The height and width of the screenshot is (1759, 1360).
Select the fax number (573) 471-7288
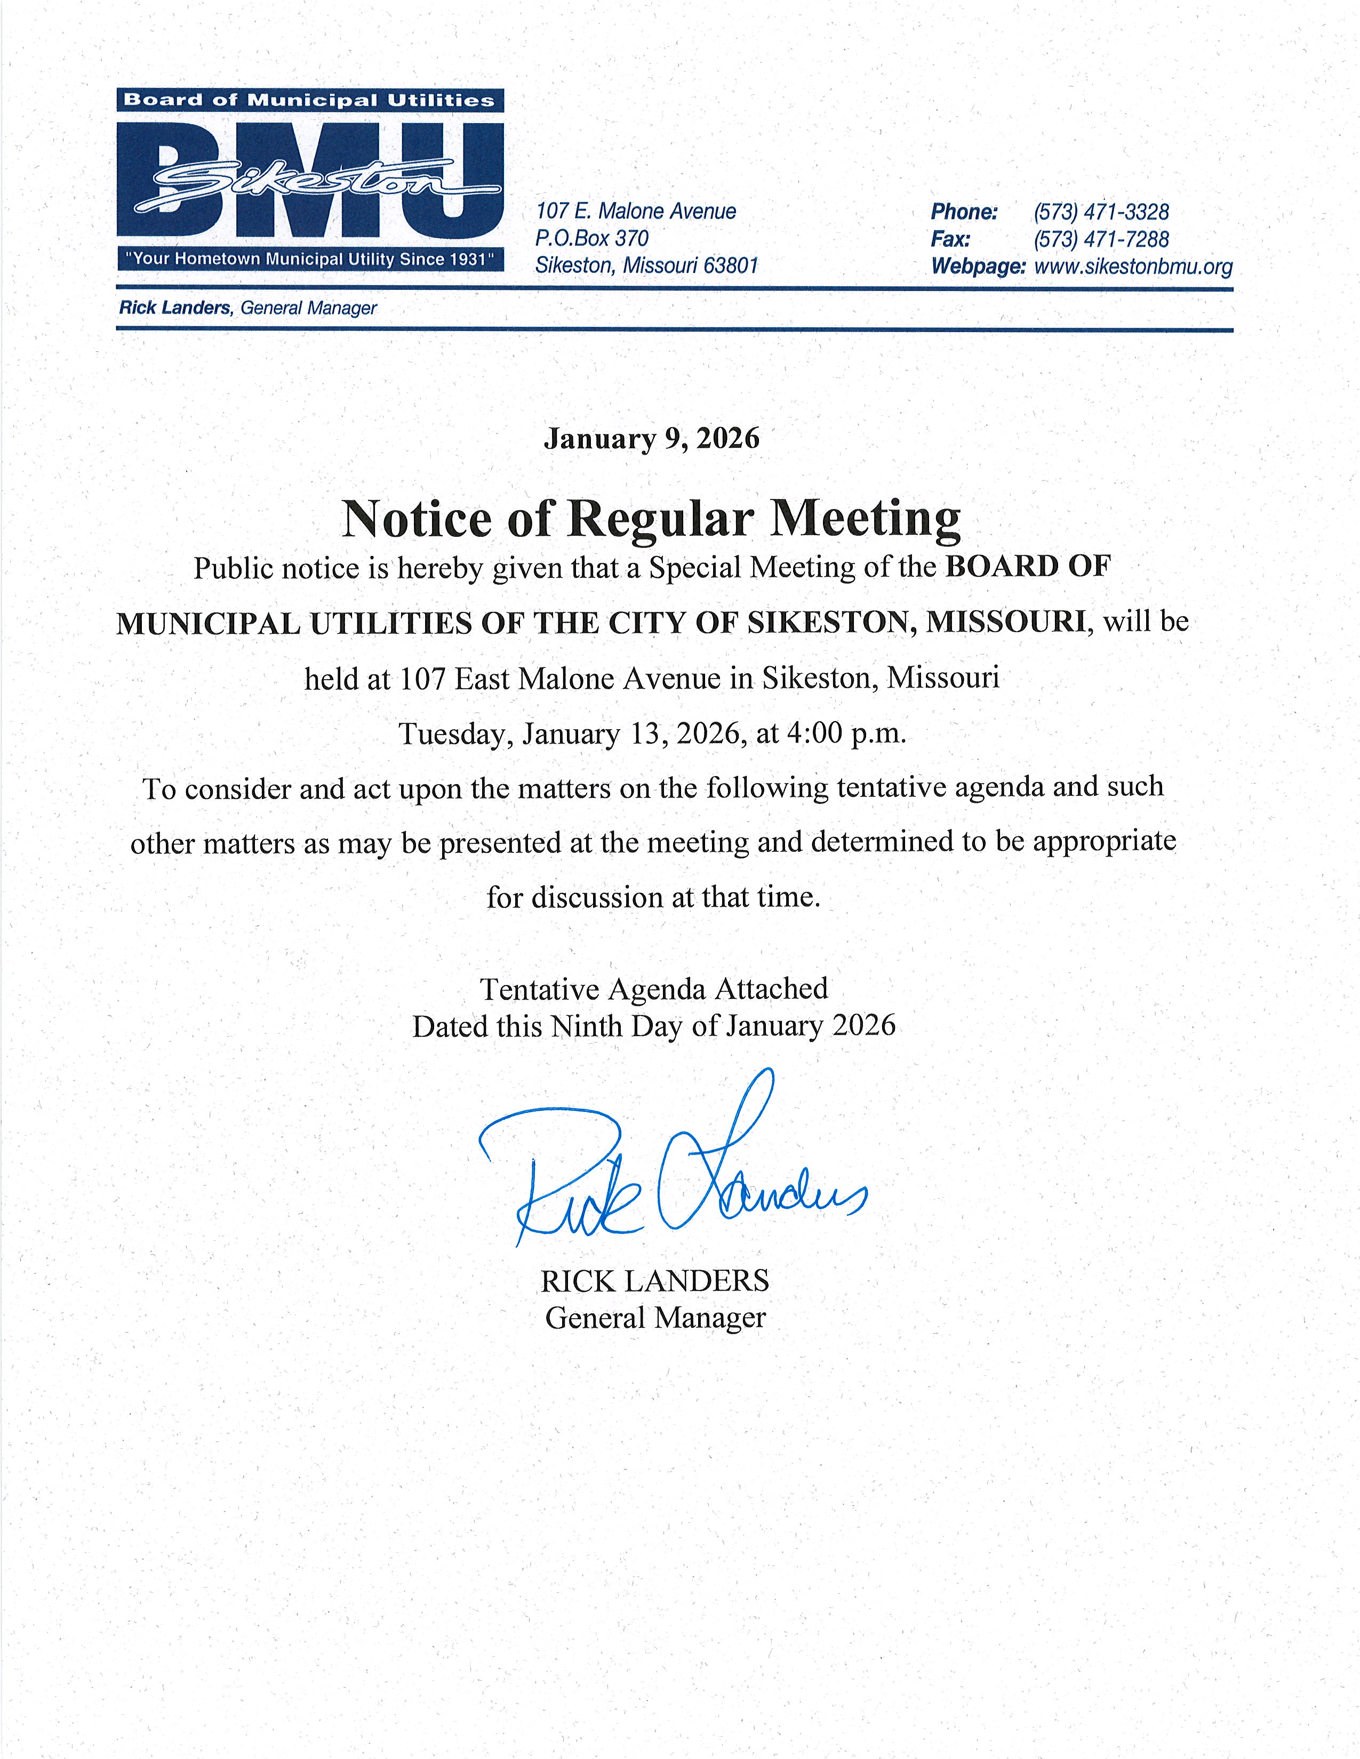click(x=1101, y=240)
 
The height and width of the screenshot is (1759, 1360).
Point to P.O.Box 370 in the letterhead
click(x=591, y=238)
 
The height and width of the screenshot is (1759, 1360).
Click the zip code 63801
click(x=731, y=266)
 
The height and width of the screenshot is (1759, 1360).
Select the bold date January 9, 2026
click(x=651, y=439)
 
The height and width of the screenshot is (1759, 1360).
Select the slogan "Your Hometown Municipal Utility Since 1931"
click(x=310, y=260)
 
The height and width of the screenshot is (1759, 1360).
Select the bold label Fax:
click(x=951, y=240)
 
